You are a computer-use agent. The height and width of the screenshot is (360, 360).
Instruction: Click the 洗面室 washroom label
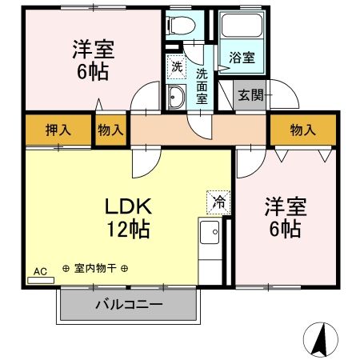(202, 85)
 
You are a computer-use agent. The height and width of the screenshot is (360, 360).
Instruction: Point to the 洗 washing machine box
(175, 66)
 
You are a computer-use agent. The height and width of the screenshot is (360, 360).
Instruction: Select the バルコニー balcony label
(128, 305)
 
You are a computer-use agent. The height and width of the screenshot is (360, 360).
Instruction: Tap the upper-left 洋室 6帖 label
(90, 59)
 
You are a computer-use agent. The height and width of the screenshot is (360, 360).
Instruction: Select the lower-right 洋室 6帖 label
(284, 218)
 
